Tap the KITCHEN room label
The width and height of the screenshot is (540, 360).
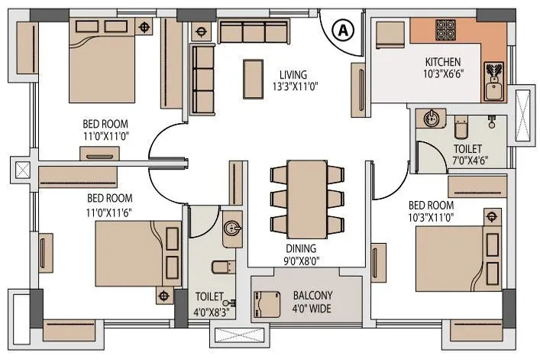pyautogui.click(x=442, y=62)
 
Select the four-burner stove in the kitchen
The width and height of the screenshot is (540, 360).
pyautogui.click(x=447, y=30)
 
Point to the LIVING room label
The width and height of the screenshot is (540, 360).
pyautogui.click(x=293, y=74)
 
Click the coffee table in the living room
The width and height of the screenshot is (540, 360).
pyautogui.click(x=251, y=77)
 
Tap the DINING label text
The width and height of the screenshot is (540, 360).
pyautogui.click(x=302, y=248)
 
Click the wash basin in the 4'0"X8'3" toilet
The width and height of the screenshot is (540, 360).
pyautogui.click(x=232, y=228)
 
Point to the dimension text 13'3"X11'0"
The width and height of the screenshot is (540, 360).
pyautogui.click(x=293, y=86)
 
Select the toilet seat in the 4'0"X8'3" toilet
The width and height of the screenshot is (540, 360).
pyautogui.click(x=219, y=268)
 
